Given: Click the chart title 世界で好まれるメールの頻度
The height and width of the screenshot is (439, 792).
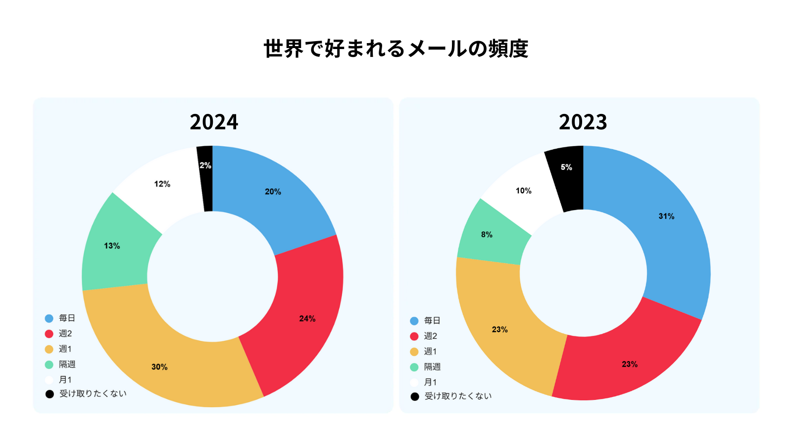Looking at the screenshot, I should (396, 49).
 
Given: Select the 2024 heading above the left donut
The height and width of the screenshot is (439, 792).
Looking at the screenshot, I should (214, 122).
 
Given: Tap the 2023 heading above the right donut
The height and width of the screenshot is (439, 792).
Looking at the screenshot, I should (583, 122).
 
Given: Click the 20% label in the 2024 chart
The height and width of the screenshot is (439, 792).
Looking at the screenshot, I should (273, 192).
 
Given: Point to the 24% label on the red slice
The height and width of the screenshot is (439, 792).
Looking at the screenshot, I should (307, 319).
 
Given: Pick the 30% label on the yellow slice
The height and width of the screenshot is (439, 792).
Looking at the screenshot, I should (159, 367).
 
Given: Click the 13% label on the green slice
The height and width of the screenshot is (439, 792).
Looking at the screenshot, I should (112, 246).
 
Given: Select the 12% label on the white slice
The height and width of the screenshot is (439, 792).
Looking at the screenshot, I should (162, 184).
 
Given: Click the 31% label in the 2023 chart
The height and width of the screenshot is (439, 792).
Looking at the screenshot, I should (666, 216).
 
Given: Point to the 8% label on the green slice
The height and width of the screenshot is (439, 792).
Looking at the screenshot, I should (487, 234).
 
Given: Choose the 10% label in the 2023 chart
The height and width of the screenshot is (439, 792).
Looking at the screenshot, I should (523, 191).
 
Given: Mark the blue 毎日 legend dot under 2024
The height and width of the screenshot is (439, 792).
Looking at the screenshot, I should (49, 319).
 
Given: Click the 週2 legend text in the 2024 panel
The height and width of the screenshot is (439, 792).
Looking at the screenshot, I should (65, 333).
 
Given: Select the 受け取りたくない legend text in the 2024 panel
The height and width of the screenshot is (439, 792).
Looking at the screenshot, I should (93, 393).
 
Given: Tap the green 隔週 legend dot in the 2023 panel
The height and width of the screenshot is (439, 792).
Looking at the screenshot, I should (414, 367).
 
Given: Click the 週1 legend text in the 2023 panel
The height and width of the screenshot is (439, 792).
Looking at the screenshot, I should (430, 351).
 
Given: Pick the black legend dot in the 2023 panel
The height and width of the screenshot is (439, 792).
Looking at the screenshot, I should (414, 396).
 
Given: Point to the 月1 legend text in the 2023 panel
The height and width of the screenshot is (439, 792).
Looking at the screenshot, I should (430, 382).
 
